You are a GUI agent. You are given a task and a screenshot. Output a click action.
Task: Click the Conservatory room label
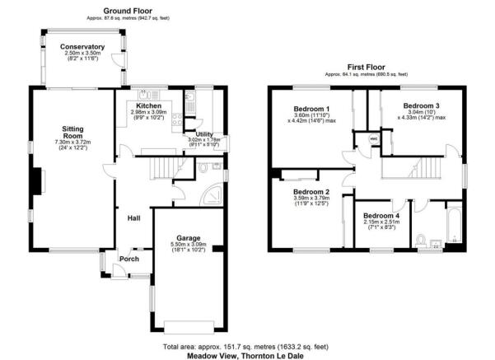pyautogui.click(x=82, y=47)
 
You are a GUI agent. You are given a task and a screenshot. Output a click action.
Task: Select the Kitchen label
pyautogui.click(x=148, y=106)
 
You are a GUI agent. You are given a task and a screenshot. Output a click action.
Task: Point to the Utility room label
pyautogui.click(x=203, y=133)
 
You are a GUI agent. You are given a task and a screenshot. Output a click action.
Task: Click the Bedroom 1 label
pyautogui.click(x=311, y=109)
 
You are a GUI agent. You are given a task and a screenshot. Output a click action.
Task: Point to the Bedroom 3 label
pyautogui.click(x=421, y=106)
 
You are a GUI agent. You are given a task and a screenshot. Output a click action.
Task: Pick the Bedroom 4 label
pyautogui.click(x=381, y=216)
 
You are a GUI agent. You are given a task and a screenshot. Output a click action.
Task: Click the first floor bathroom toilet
pyautogui.click(x=421, y=240)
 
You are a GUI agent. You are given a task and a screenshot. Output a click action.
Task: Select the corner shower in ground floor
pyautogui.click(x=212, y=194)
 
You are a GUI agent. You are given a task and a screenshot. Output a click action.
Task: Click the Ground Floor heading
pyautogui.click(x=127, y=10)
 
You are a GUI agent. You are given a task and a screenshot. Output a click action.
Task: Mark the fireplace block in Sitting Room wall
pyautogui.click(x=37, y=181)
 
